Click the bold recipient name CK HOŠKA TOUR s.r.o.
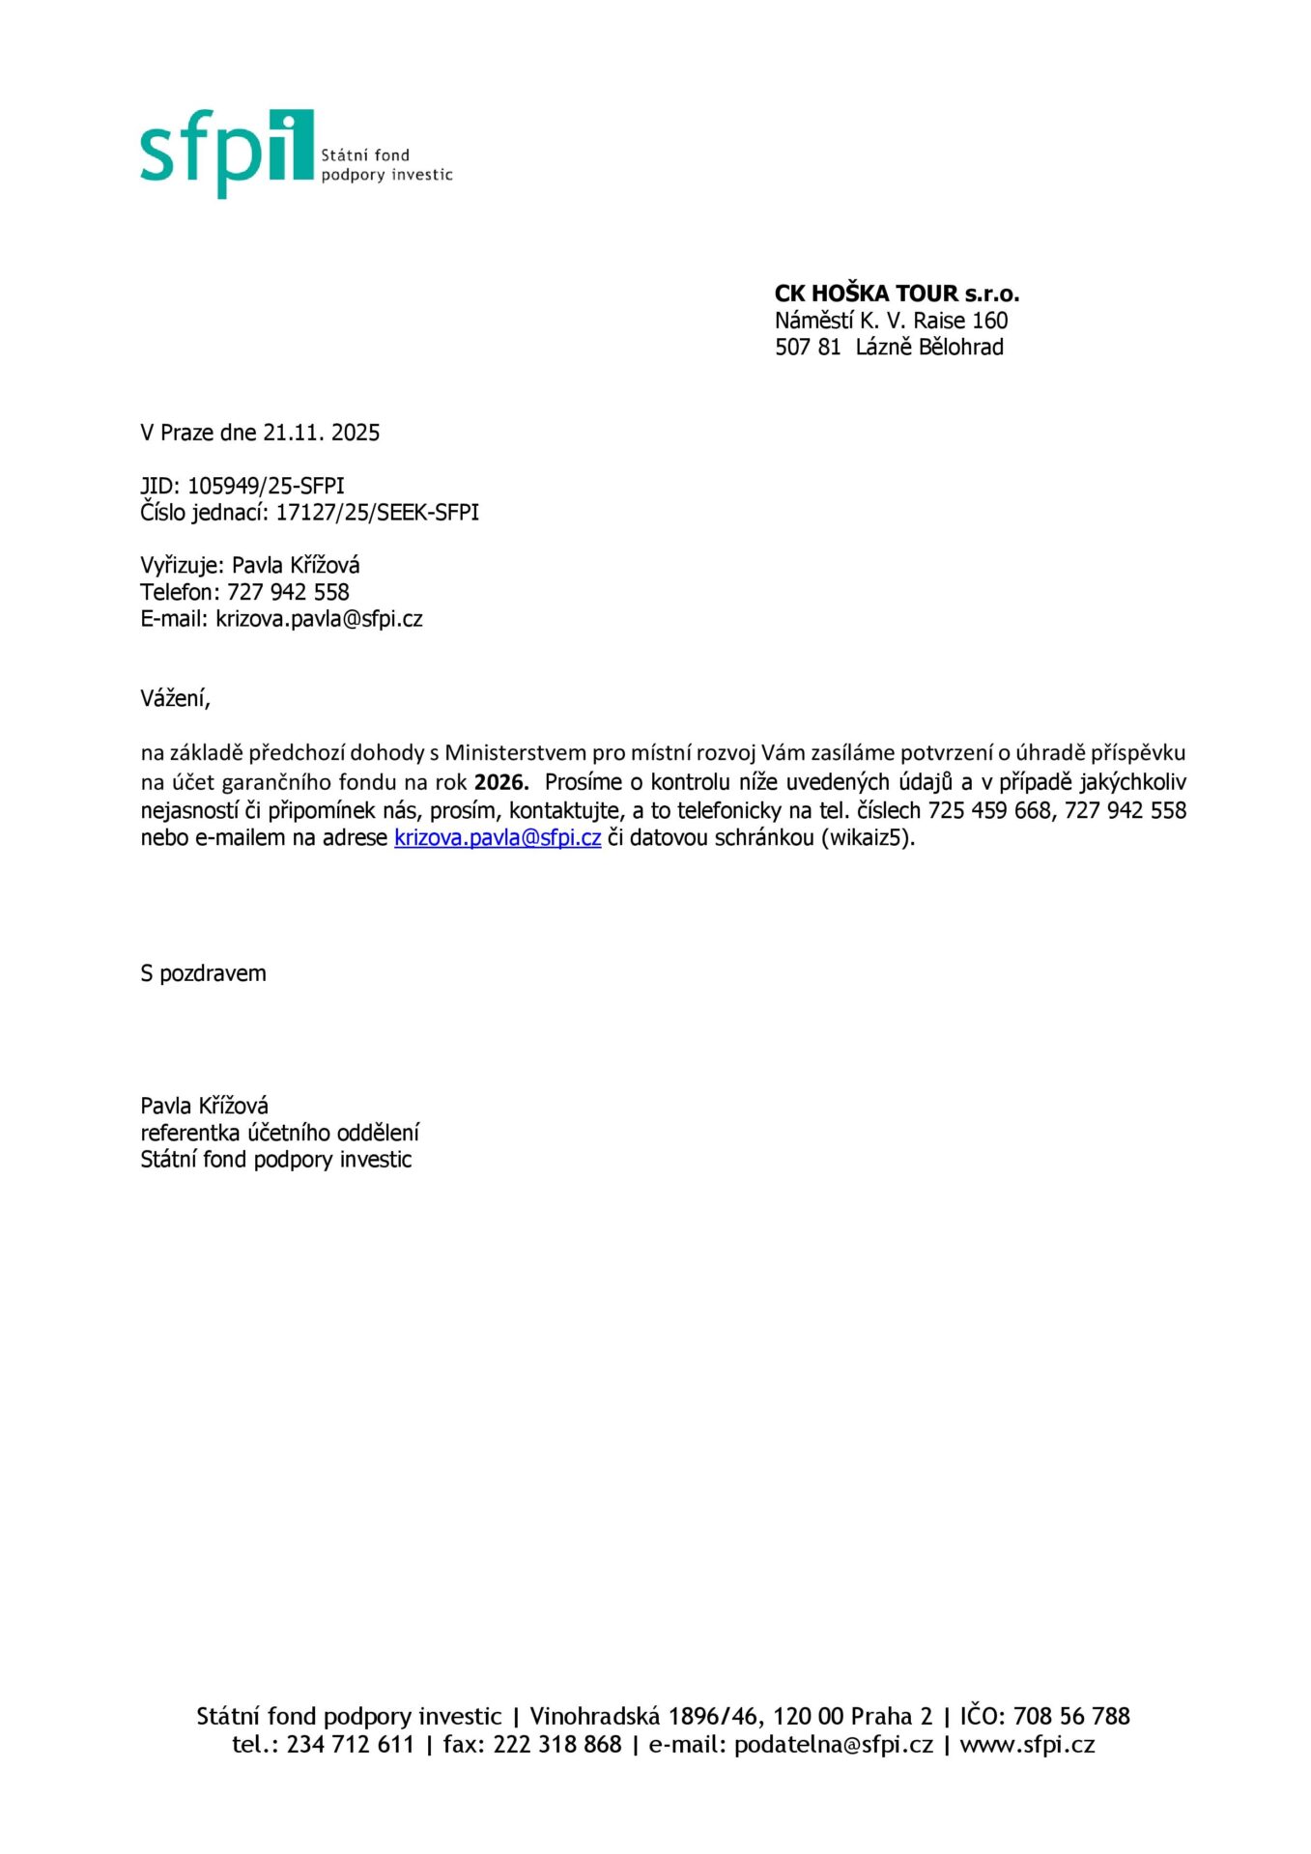[896, 294]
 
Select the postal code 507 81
[807, 348]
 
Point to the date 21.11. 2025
[322, 433]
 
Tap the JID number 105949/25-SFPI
[266, 486]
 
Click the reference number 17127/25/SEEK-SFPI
[377, 513]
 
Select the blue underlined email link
[498, 838]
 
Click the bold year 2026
[500, 782]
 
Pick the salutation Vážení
[175, 698]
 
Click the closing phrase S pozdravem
[203, 973]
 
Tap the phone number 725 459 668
[988, 810]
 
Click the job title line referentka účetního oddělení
[279, 1133]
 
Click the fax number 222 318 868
[556, 1744]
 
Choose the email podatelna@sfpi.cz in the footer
[833, 1744]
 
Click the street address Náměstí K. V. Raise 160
[891, 321]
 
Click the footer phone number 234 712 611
[350, 1744]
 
